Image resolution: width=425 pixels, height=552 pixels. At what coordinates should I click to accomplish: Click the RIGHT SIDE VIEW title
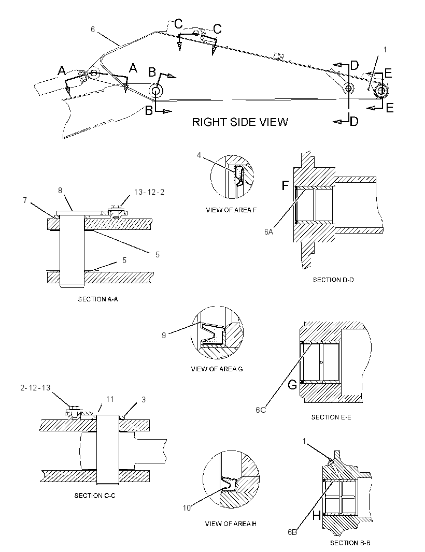pos(240,122)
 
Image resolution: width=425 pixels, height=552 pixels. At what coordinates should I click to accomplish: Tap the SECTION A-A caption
pos(98,299)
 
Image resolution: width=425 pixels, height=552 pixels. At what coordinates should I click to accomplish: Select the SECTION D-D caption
pos(333,280)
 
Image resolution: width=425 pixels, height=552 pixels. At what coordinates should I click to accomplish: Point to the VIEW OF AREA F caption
pos(231,210)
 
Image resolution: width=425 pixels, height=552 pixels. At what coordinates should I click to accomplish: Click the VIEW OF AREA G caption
pos(217,369)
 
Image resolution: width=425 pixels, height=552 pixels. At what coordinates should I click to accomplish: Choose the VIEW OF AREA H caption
pos(231,524)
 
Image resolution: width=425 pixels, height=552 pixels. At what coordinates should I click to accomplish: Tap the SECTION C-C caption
pos(95,496)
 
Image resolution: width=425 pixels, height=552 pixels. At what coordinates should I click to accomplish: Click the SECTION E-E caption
pos(331,417)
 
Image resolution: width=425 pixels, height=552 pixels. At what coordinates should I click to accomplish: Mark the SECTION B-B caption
pos(350,543)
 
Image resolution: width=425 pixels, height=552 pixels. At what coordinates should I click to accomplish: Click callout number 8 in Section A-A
pos(60,191)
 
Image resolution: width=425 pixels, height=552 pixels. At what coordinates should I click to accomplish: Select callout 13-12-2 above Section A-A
pos(149,192)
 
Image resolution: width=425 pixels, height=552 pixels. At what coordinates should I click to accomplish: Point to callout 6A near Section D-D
pos(269,231)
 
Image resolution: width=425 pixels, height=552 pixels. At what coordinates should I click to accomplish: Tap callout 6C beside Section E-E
pos(261,410)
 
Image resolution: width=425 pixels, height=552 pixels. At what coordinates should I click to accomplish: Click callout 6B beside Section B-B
pos(292,532)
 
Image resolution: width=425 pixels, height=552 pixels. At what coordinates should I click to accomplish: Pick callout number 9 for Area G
pos(163,336)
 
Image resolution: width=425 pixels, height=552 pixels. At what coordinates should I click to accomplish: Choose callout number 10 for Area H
pos(187,507)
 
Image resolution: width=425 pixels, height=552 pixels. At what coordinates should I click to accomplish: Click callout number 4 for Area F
pos(199,155)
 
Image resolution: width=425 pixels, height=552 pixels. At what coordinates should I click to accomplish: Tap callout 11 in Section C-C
pos(110,399)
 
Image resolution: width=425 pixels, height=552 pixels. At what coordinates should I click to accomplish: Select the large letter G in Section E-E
pos(292,385)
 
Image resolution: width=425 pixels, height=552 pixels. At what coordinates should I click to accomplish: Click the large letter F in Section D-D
pos(285,185)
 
